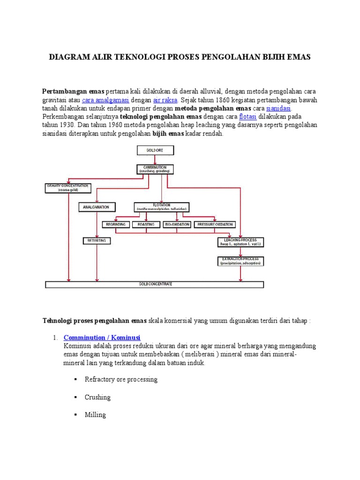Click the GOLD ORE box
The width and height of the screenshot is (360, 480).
155,150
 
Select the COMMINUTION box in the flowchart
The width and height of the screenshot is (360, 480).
155,169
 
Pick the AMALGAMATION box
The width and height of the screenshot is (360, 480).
97,206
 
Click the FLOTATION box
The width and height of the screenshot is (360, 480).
162,206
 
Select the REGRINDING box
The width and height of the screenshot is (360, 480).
115,225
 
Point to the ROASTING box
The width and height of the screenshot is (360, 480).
146,225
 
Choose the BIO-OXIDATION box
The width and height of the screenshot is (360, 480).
177,225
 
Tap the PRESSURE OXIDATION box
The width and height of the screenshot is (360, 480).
214,225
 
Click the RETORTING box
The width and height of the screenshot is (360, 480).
97,240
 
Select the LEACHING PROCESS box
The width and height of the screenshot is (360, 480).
241,242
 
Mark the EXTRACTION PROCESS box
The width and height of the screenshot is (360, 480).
241,261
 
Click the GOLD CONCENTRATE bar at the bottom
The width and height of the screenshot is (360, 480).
154,284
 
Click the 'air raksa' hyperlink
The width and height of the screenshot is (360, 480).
165,100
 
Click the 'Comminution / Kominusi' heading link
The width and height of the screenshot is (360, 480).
102,337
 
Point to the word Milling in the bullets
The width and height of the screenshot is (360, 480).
95,415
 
